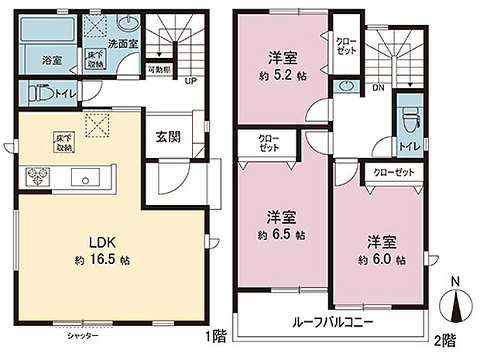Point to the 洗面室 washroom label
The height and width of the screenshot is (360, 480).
(123, 44)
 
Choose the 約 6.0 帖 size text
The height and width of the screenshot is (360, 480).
(382, 261)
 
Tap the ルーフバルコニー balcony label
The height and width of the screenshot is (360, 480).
(334, 321)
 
